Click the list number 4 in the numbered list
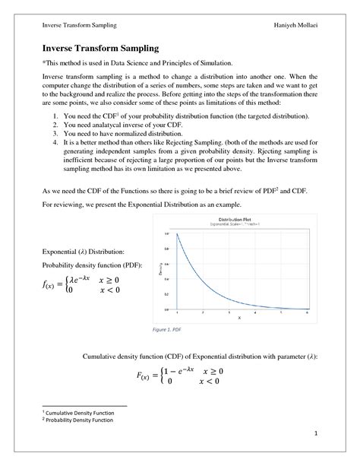[56, 142]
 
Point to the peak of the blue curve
[177, 233]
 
